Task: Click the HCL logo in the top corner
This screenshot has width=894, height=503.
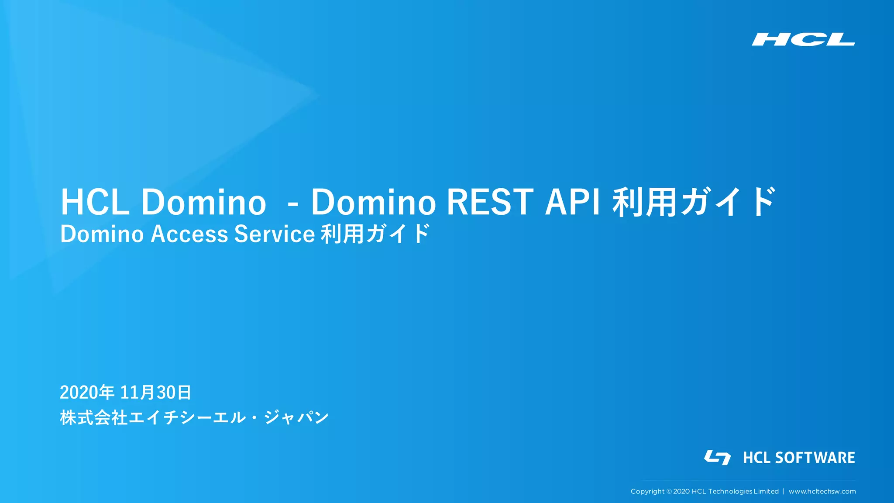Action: pyautogui.click(x=803, y=39)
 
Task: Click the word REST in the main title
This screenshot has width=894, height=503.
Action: pyautogui.click(x=490, y=203)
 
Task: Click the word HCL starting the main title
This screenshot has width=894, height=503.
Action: pyautogui.click(x=95, y=203)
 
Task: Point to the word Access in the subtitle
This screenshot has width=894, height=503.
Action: pyautogui.click(x=189, y=234)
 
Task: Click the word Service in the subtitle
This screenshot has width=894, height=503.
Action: pyautogui.click(x=275, y=234)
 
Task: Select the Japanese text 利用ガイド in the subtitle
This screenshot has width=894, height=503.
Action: pyautogui.click(x=375, y=234)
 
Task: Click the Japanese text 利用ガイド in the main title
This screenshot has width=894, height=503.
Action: pyautogui.click(x=694, y=202)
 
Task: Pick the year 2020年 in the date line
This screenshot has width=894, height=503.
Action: pyautogui.click(x=87, y=393)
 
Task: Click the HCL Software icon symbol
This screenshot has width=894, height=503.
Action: pyautogui.click(x=717, y=457)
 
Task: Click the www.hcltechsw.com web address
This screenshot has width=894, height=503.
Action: pyautogui.click(x=822, y=492)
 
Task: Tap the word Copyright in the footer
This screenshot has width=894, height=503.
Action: pyautogui.click(x=647, y=492)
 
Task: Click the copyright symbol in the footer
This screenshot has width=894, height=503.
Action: pyautogui.click(x=669, y=492)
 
